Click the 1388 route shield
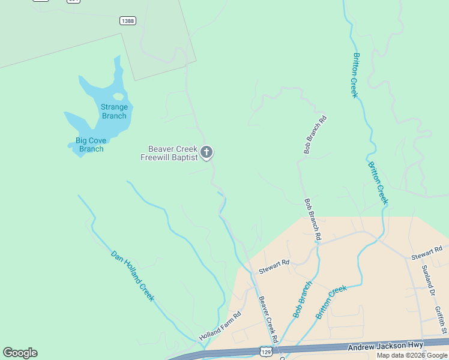click(x=128, y=20)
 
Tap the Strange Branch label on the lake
click(x=114, y=112)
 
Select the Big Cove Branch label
click(x=91, y=145)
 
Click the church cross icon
click(x=206, y=153)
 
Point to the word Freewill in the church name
click(x=155, y=158)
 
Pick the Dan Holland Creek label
click(x=133, y=275)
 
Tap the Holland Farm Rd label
click(x=220, y=326)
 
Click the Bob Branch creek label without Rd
click(x=303, y=299)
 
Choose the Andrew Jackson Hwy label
click(x=386, y=345)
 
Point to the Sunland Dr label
click(x=428, y=280)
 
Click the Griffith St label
click(x=441, y=319)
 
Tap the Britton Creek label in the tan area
click(x=331, y=302)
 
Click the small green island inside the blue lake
click(x=118, y=96)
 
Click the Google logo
click(x=20, y=353)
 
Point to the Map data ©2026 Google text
click(x=412, y=355)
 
